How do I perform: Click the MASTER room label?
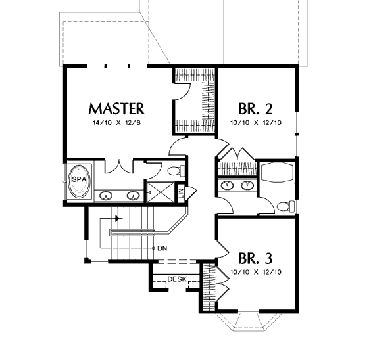[116, 109]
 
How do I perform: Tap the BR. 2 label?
[255, 109]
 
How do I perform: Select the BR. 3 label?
[255, 258]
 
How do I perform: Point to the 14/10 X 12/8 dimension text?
[116, 123]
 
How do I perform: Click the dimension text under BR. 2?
[256, 123]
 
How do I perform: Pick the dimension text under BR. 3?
[256, 272]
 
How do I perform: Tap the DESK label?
[177, 279]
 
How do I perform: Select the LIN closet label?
[181, 193]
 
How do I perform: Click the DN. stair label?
[163, 248]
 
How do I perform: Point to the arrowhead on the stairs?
[116, 219]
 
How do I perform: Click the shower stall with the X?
[161, 192]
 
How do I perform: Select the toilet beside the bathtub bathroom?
[285, 206]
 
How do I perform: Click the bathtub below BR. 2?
[277, 172]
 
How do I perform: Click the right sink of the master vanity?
[134, 196]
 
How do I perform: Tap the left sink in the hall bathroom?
[227, 185]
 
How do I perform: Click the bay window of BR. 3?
[248, 322]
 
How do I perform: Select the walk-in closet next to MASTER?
[195, 101]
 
